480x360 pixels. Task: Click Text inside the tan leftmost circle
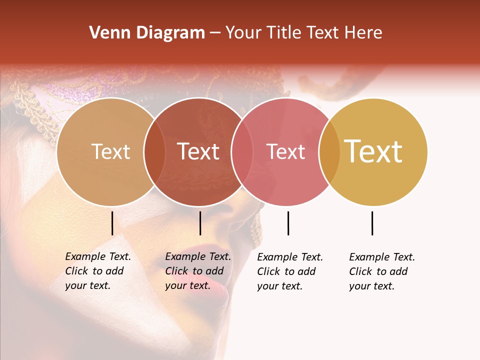(x=110, y=152)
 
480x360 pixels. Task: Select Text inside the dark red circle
(x=198, y=152)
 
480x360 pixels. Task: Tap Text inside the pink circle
(x=286, y=152)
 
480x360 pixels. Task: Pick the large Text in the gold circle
(x=373, y=151)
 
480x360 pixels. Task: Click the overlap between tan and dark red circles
(x=154, y=152)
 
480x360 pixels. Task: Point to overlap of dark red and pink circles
(x=241, y=152)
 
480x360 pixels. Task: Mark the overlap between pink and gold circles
(x=329, y=152)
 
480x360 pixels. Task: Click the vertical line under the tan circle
(x=112, y=223)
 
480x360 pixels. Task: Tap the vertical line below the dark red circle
(x=200, y=223)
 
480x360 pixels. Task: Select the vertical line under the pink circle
(x=288, y=223)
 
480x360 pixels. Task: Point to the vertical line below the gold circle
(x=372, y=223)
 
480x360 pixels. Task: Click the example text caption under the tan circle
(x=97, y=271)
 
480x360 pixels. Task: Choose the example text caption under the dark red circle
(x=197, y=271)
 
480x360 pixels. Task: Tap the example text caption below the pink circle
(x=289, y=271)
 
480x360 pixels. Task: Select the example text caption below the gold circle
(x=381, y=271)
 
